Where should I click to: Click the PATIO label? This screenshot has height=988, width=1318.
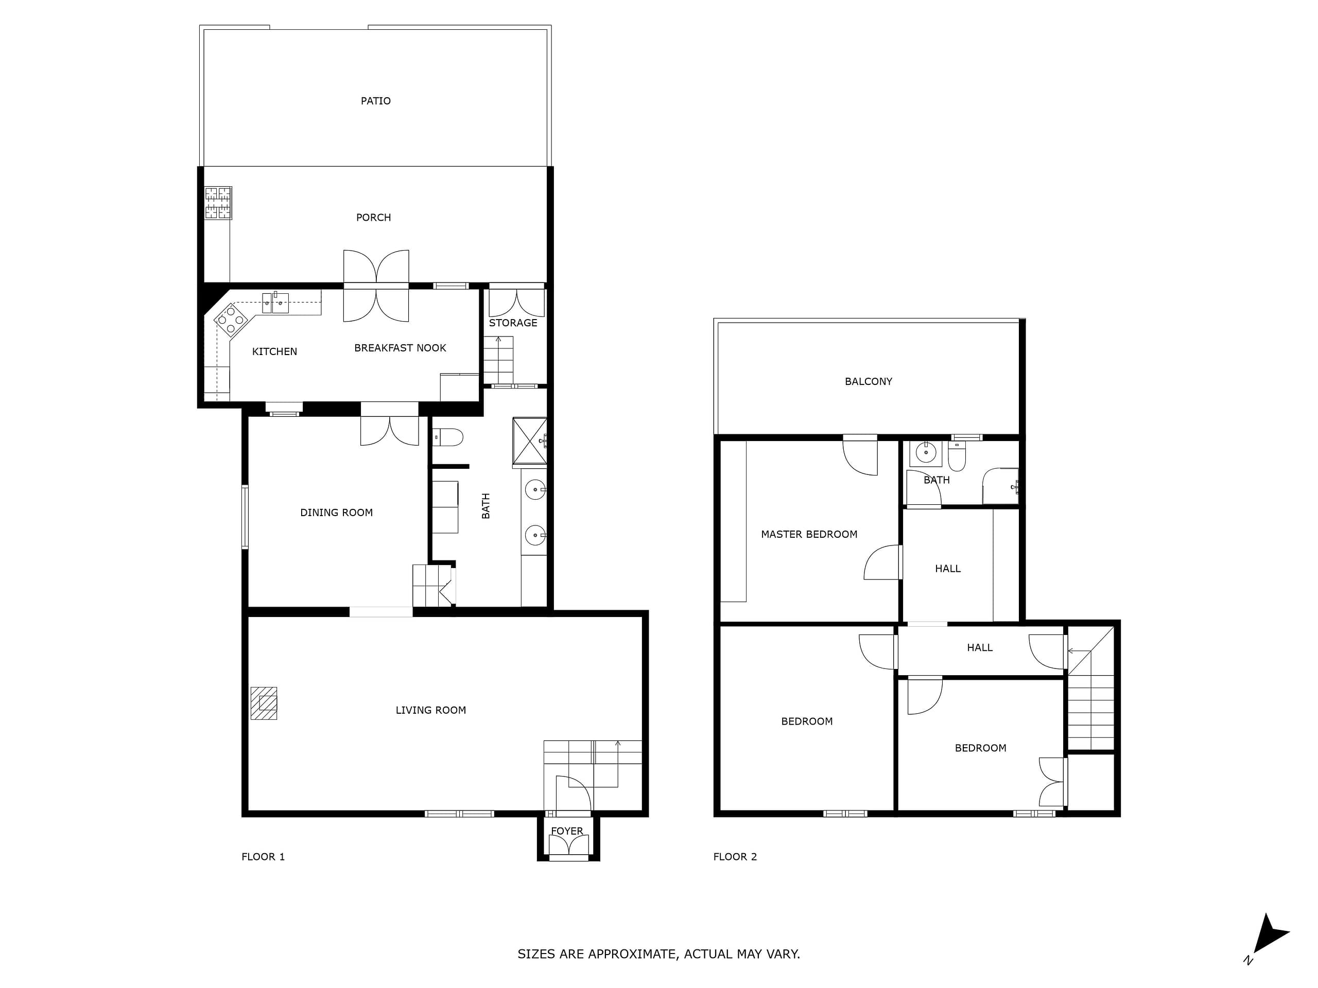click(x=375, y=101)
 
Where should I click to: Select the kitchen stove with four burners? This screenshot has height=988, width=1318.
click(x=231, y=321)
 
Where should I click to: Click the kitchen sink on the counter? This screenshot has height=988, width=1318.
click(x=276, y=303)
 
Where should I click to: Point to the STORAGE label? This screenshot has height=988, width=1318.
click(x=513, y=323)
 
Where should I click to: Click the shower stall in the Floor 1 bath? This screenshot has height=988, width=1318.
click(x=530, y=440)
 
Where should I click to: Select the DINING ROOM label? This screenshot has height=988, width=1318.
click(x=336, y=513)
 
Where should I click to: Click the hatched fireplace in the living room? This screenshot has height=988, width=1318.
click(x=264, y=703)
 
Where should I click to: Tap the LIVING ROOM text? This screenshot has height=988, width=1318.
click(x=431, y=710)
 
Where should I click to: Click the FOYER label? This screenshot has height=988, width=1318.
click(x=567, y=831)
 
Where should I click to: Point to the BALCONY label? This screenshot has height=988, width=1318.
click(x=868, y=382)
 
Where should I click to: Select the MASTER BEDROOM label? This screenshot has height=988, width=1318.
click(x=809, y=535)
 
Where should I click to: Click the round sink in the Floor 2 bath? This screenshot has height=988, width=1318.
click(x=925, y=453)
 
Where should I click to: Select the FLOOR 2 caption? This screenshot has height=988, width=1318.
click(x=735, y=857)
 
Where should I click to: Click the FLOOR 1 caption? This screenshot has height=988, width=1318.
click(x=263, y=857)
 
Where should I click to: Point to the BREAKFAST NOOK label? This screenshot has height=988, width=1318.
click(x=400, y=348)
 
